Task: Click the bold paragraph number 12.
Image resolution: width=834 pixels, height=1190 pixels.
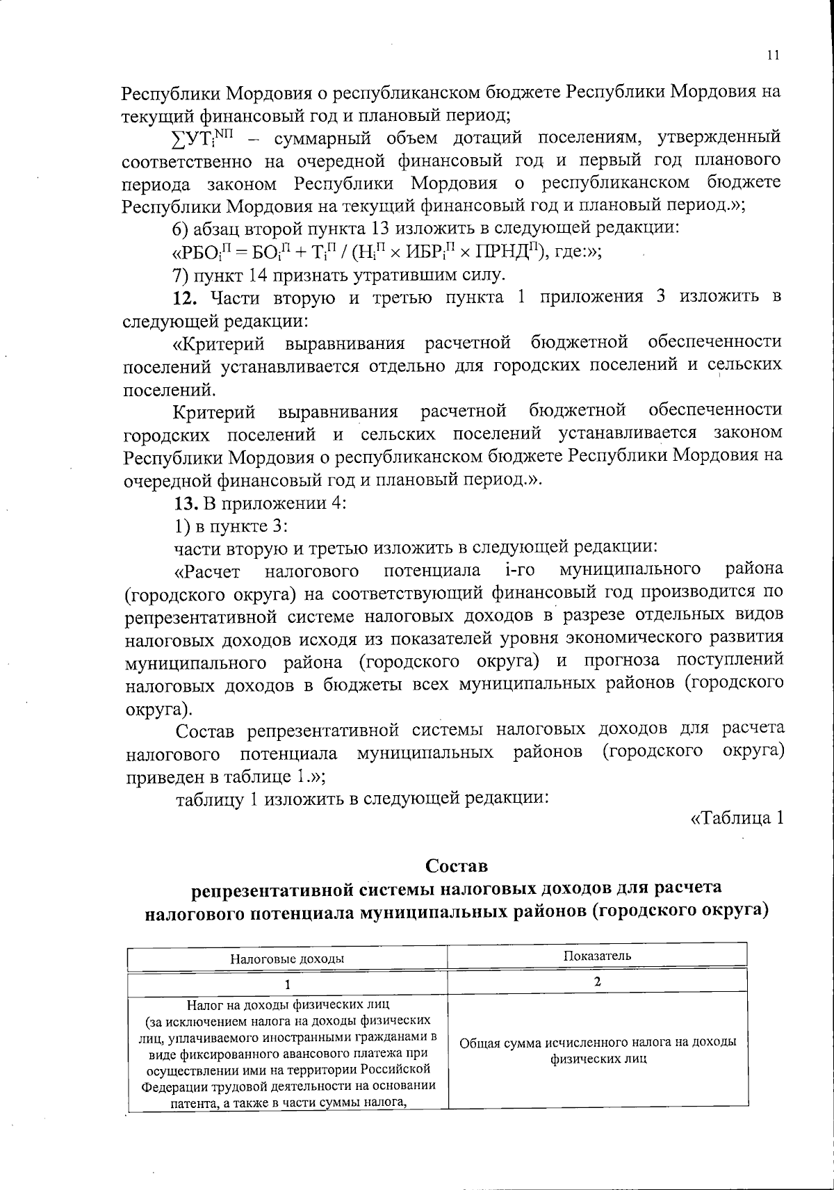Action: [186, 298]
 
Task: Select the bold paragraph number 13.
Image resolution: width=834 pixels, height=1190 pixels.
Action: [186, 503]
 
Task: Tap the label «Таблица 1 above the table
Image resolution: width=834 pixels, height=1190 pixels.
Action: [737, 818]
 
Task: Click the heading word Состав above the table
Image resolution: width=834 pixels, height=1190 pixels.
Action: [457, 866]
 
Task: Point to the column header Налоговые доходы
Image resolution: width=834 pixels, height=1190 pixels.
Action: [288, 959]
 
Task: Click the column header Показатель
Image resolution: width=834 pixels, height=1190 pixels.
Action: [597, 954]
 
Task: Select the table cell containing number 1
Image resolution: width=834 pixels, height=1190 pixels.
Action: [288, 983]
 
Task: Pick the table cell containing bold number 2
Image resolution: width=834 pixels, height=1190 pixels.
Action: [597, 981]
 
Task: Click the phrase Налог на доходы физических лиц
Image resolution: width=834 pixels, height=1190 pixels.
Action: [288, 1004]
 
